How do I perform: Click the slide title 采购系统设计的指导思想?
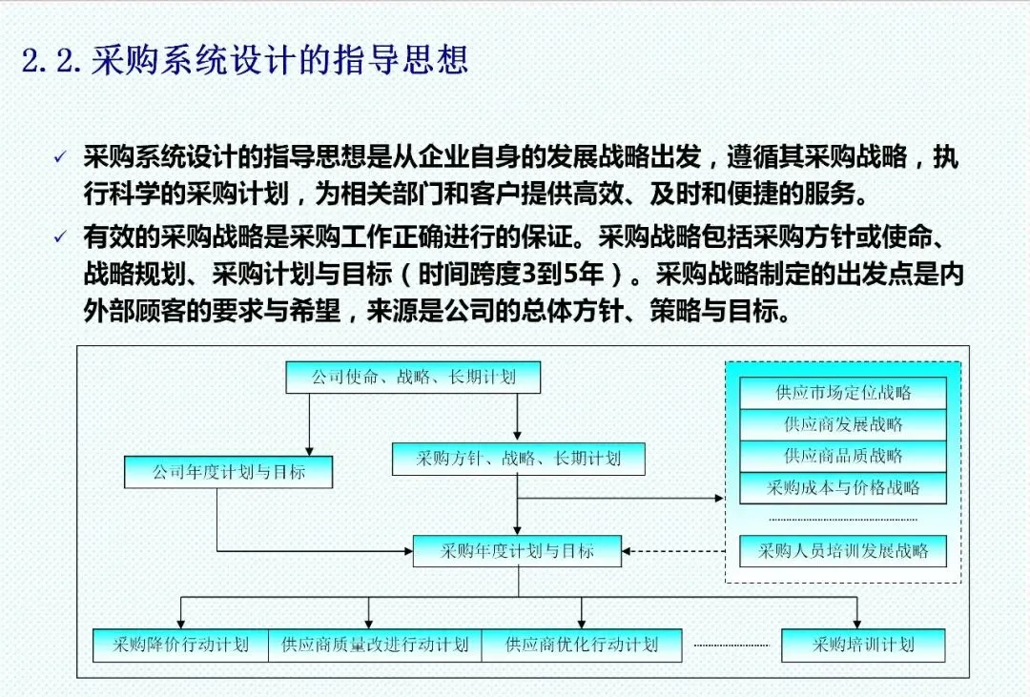(279, 61)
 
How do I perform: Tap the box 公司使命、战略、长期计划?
(413, 377)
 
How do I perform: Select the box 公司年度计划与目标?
(228, 472)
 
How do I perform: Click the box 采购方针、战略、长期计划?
(518, 458)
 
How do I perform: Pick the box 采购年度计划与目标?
(517, 550)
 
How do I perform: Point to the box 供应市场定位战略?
(843, 392)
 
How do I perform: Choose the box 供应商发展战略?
(843, 423)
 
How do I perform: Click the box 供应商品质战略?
(843, 455)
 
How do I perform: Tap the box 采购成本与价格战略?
(843, 487)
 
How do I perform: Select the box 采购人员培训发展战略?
(843, 550)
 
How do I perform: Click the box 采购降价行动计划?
(180, 645)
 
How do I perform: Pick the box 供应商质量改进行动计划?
(375, 645)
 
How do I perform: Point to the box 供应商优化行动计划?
(582, 645)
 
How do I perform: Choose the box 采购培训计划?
(863, 645)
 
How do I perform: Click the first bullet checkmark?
(60, 158)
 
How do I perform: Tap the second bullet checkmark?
(60, 236)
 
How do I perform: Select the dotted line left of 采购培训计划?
(731, 646)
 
